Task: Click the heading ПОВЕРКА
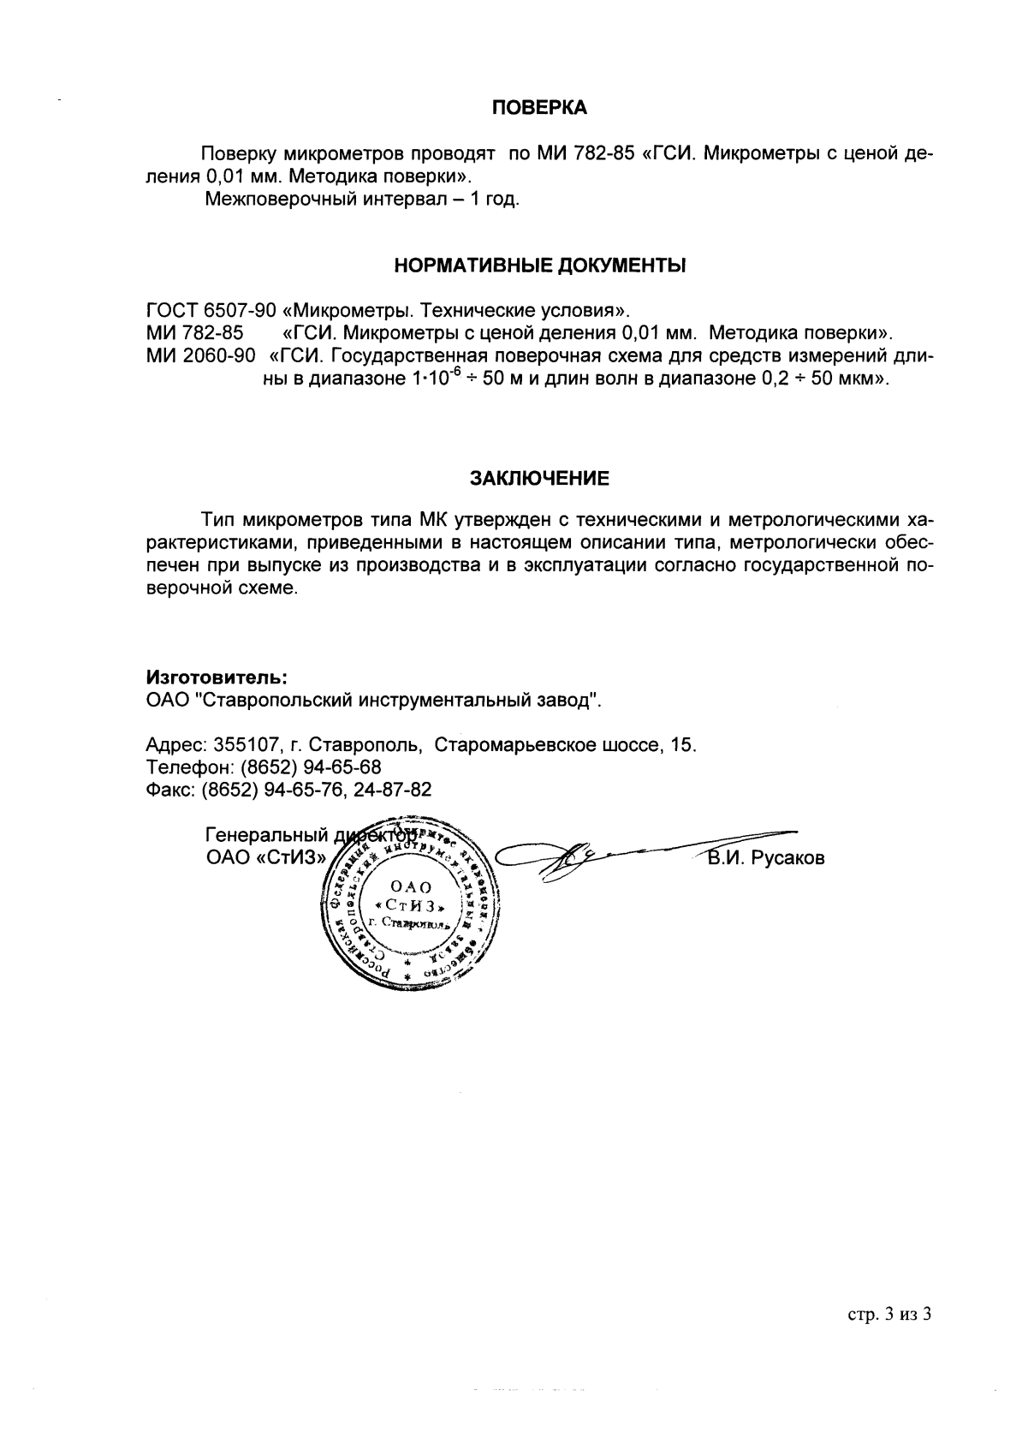(540, 108)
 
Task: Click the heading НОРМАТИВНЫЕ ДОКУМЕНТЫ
(540, 266)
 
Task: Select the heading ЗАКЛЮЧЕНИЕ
(540, 478)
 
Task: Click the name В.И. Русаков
(765, 858)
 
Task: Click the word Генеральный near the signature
(267, 835)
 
